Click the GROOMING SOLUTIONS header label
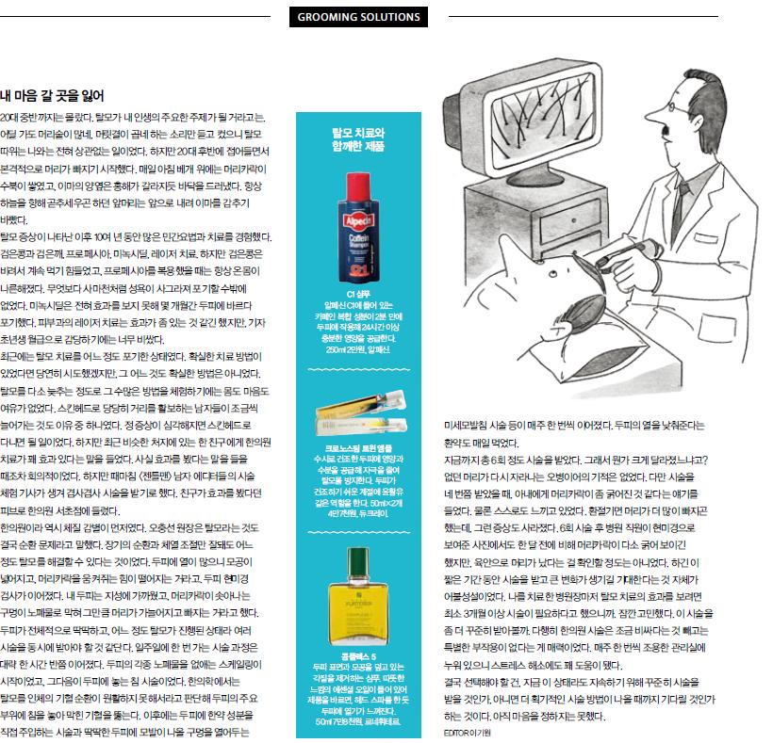point(358,17)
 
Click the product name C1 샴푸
point(359,295)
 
